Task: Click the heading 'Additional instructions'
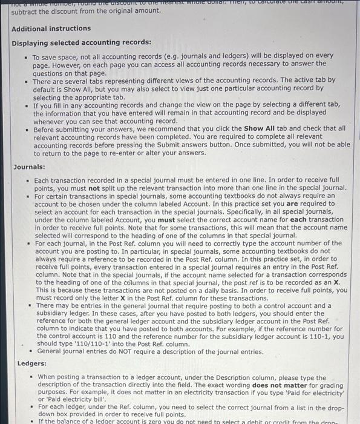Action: (51, 28)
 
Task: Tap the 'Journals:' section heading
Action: (29, 167)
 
